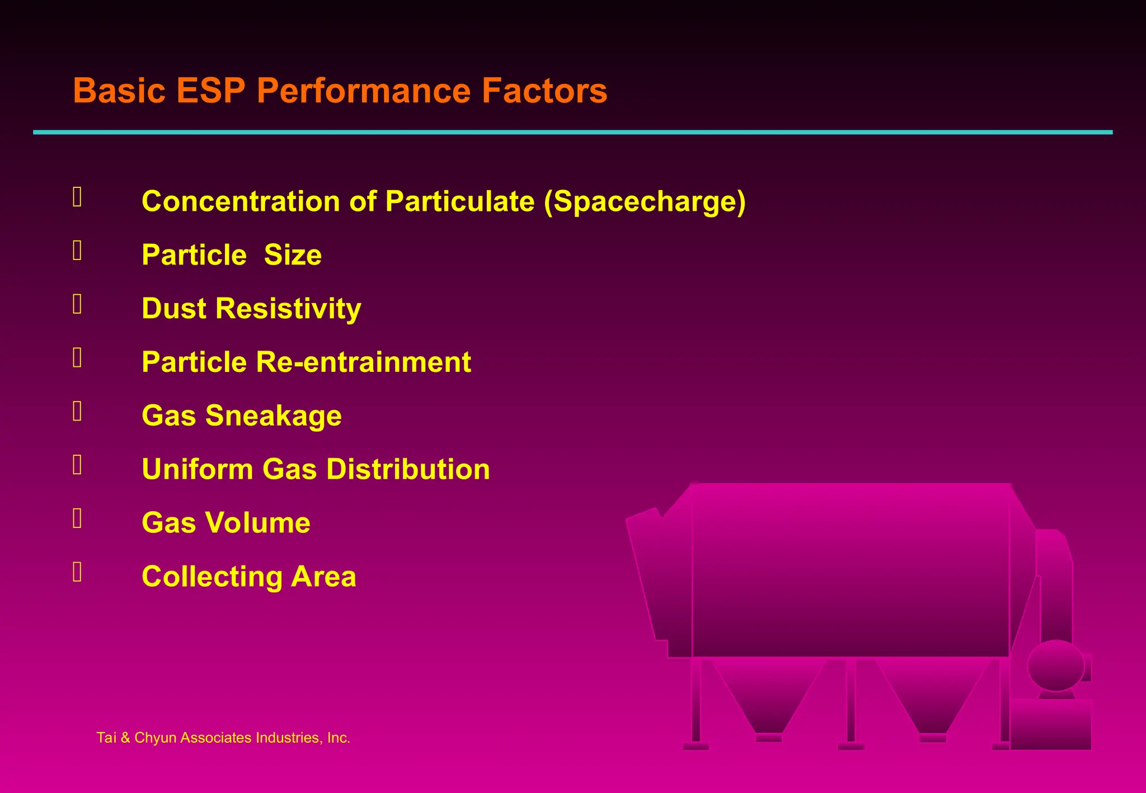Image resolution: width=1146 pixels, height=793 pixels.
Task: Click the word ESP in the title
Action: pyautogui.click(x=210, y=91)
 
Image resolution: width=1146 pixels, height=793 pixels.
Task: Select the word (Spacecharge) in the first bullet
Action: pyautogui.click(x=645, y=202)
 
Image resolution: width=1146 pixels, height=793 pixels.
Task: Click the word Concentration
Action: pyautogui.click(x=241, y=201)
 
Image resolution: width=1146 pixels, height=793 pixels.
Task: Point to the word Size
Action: pyautogui.click(x=293, y=255)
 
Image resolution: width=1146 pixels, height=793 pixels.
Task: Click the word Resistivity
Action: pyautogui.click(x=288, y=309)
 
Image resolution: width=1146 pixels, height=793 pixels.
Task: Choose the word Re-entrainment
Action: pyautogui.click(x=363, y=362)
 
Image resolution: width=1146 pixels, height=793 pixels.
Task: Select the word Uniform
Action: pyautogui.click(x=198, y=469)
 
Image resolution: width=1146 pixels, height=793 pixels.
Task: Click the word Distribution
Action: pyautogui.click(x=408, y=469)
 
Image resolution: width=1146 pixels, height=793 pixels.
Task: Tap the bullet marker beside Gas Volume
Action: pyautogui.click(x=77, y=518)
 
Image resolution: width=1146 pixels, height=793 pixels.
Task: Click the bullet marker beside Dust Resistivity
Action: pyautogui.click(x=77, y=304)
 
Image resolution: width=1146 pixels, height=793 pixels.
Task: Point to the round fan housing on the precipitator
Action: pyautogui.click(x=1055, y=665)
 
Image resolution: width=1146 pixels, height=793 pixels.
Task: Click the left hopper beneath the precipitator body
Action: pyautogui.click(x=768, y=696)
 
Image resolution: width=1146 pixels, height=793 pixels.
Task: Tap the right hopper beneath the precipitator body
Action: pyautogui.click(x=933, y=696)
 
